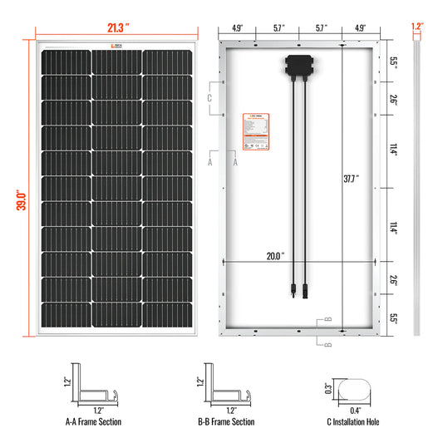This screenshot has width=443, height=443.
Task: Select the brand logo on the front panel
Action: click(x=117, y=46)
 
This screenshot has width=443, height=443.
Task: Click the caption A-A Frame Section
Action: click(x=93, y=422)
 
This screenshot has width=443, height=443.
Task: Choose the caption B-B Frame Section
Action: click(x=226, y=422)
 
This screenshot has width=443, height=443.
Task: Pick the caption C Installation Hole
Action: click(x=352, y=422)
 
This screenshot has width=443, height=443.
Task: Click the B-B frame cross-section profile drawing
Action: click(x=228, y=386)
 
